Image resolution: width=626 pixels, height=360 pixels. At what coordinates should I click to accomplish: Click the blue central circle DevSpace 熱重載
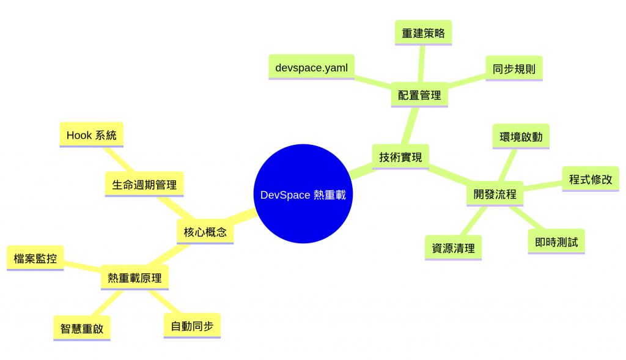tap(303, 194)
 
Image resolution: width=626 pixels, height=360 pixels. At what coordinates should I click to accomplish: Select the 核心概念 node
tap(205, 232)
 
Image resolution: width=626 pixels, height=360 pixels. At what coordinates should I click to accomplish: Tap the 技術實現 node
tap(400, 156)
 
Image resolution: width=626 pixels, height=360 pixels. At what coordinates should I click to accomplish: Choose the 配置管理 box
tap(419, 95)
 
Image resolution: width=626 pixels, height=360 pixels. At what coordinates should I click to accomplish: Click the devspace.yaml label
tap(311, 67)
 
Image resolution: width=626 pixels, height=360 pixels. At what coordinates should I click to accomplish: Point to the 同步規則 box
tap(514, 68)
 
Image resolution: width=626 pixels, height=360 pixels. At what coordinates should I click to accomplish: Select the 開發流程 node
tap(495, 194)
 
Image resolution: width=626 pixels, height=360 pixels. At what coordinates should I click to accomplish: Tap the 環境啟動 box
tap(520, 136)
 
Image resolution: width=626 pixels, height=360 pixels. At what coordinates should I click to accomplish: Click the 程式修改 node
tap(590, 179)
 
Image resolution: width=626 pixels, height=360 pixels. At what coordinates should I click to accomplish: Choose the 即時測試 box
tap(556, 241)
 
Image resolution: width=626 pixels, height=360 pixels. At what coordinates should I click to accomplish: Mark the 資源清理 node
tap(452, 248)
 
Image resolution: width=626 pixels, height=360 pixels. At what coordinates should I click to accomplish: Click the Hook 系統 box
tap(91, 134)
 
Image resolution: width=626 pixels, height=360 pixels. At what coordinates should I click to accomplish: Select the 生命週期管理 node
tap(144, 184)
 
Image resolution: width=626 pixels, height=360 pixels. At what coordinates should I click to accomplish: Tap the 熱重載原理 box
tap(134, 277)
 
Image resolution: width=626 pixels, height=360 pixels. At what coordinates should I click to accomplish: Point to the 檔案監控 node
tap(35, 258)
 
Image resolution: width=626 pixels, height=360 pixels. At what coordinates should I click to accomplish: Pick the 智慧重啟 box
tap(81, 328)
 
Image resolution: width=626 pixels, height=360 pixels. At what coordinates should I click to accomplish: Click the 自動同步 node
tap(192, 325)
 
